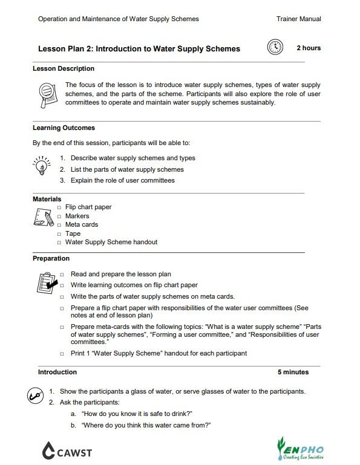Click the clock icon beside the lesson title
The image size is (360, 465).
coord(275,48)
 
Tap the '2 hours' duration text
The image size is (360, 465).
coord(309,48)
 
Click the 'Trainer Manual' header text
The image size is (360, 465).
coord(298,19)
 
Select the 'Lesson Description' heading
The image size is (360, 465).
coord(63,69)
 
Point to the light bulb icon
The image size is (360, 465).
coord(41,165)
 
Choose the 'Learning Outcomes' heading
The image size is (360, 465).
coord(64,128)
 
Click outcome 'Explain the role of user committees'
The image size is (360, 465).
coord(122,180)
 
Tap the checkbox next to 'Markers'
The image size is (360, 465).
coord(59,216)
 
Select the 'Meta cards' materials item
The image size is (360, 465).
coord(81,225)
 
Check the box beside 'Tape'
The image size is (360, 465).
coord(59,233)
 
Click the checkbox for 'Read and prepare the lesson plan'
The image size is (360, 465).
coord(62,275)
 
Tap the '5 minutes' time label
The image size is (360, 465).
coord(293,372)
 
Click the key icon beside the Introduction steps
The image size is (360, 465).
coord(34,396)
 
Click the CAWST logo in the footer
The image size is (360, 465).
coord(67,450)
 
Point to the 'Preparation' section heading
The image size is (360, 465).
coord(51,258)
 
